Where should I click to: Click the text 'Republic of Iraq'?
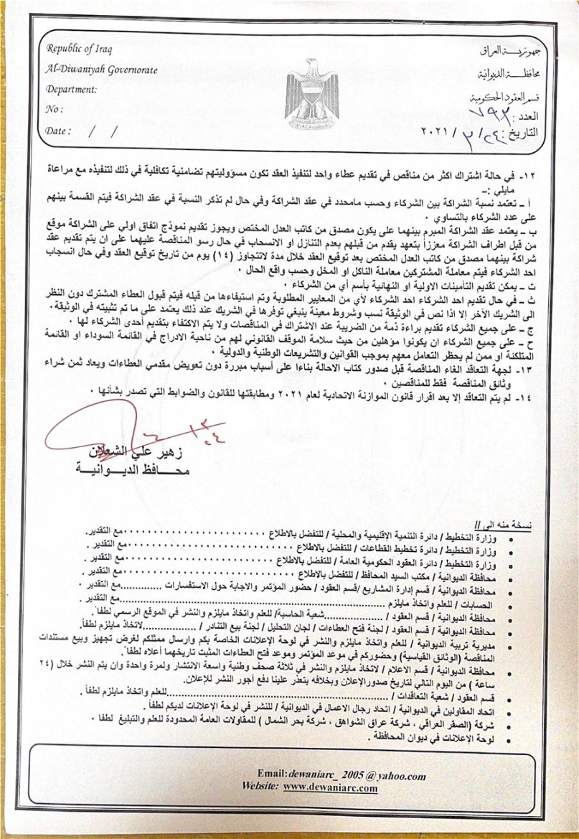point(80,49)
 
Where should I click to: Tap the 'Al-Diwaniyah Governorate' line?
point(100,70)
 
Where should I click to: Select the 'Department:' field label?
point(71,90)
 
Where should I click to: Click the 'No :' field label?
point(54,110)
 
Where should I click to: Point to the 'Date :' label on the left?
point(59,131)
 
